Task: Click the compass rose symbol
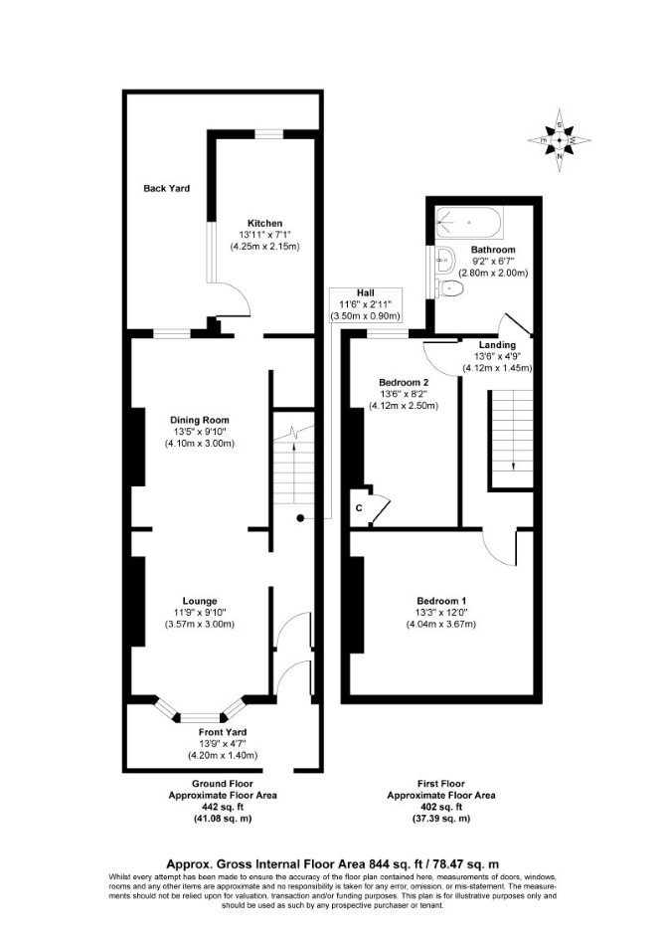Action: pyautogui.click(x=559, y=140)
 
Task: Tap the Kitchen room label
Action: pyautogui.click(x=264, y=223)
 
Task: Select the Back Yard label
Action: pyautogui.click(x=167, y=188)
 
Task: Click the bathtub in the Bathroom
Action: pyautogui.click(x=467, y=222)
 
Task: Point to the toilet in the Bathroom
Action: pyautogui.click(x=450, y=288)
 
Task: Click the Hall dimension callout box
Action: pyautogui.click(x=366, y=304)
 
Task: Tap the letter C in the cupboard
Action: pyautogui.click(x=359, y=508)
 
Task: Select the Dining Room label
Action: pyautogui.click(x=199, y=421)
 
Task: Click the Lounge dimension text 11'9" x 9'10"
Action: pyautogui.click(x=200, y=613)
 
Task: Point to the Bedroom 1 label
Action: pyautogui.click(x=441, y=601)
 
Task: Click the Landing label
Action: pyautogui.click(x=497, y=345)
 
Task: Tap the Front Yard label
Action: pyautogui.click(x=223, y=732)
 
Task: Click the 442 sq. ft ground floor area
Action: pyautogui.click(x=223, y=807)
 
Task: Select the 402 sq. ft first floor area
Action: pyautogui.click(x=441, y=807)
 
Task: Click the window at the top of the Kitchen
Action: pyautogui.click(x=268, y=134)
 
